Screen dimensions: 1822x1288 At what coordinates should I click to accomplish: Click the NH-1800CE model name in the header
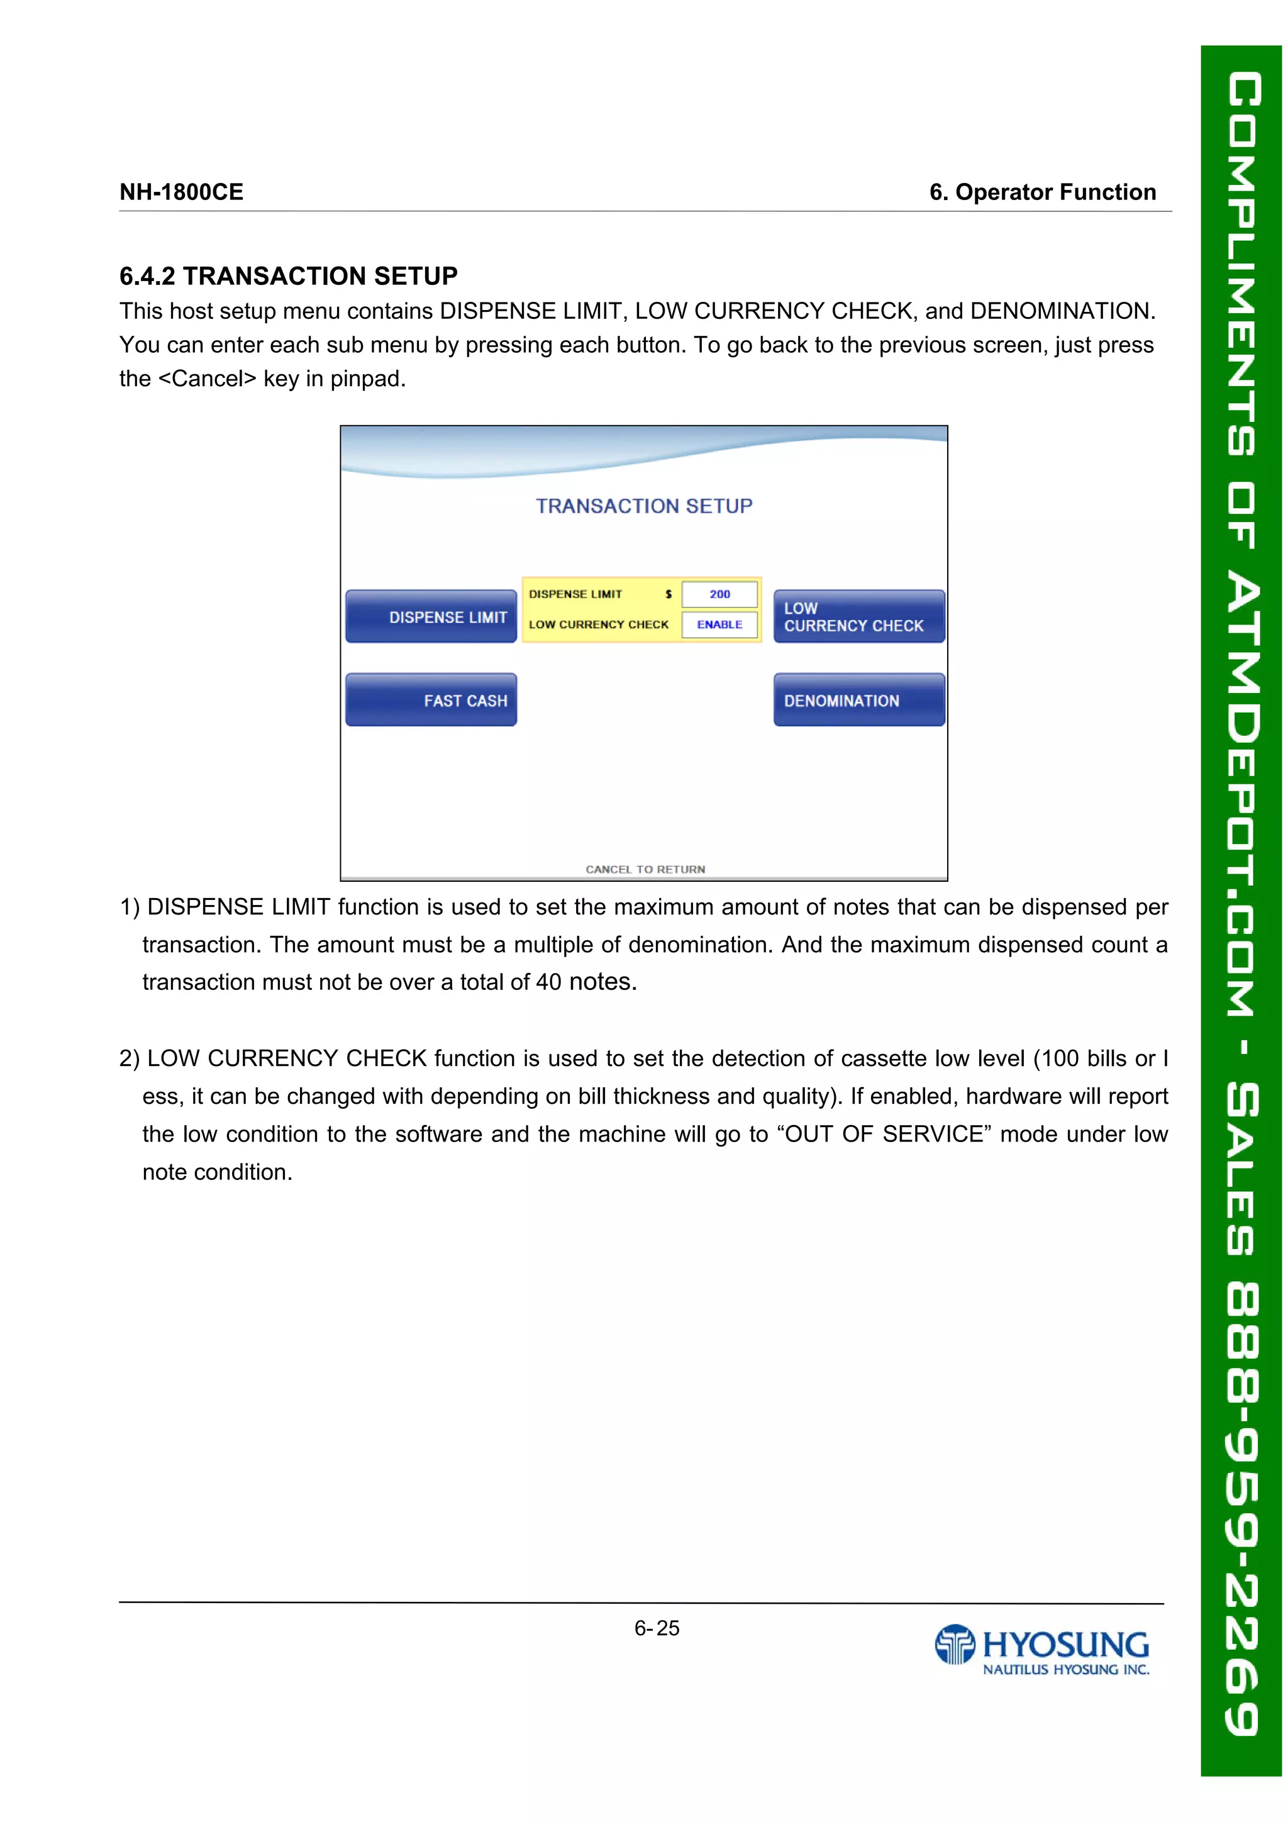[181, 192]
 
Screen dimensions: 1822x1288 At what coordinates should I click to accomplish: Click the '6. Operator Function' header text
[1042, 192]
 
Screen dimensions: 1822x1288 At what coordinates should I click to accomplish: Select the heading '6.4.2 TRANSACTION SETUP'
[288, 276]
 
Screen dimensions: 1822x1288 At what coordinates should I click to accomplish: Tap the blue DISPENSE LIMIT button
[431, 616]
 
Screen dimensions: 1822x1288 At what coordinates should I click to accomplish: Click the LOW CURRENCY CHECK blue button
[858, 616]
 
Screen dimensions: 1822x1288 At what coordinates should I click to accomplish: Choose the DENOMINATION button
[858, 700]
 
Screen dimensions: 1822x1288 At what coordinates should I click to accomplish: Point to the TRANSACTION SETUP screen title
[643, 506]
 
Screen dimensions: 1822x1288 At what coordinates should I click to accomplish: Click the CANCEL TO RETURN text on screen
[645, 869]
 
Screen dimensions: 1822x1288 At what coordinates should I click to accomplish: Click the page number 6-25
[657, 1628]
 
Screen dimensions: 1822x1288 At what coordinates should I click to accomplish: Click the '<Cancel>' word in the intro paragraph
[207, 379]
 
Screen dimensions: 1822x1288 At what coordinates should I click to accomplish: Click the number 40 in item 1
[548, 982]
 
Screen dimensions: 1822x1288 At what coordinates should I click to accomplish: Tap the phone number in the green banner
[1240, 1508]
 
